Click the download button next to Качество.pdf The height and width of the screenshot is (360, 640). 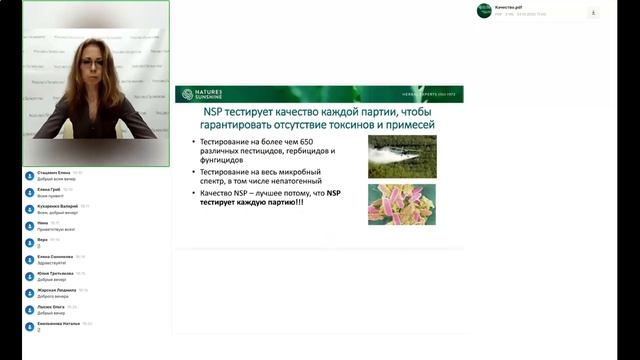[593, 12]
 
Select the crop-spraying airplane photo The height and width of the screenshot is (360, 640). [394, 156]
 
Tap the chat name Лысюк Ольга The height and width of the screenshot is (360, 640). [49, 307]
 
